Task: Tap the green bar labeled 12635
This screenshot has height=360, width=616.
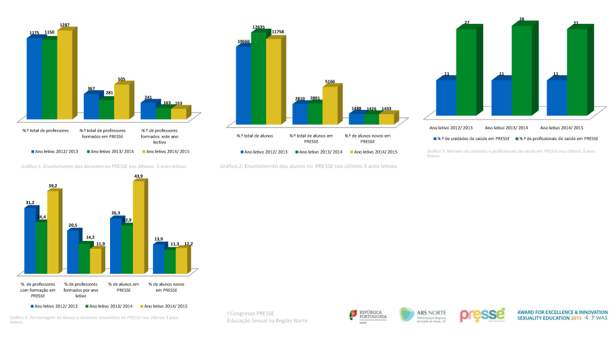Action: (258, 78)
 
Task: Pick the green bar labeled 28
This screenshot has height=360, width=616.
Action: (522, 69)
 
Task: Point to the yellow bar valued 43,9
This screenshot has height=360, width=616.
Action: (138, 227)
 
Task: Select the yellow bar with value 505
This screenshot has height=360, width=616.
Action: (121, 102)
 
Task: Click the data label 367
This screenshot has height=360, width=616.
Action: (92, 89)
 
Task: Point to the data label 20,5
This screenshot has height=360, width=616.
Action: (72, 225)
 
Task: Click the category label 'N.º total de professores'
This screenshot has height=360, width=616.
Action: (45, 130)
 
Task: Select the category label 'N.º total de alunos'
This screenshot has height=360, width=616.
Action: (255, 136)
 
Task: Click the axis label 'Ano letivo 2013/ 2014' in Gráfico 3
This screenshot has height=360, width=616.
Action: (507, 127)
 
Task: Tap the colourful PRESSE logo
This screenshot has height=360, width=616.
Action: (482, 315)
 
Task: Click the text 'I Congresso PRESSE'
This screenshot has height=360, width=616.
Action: (251, 313)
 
